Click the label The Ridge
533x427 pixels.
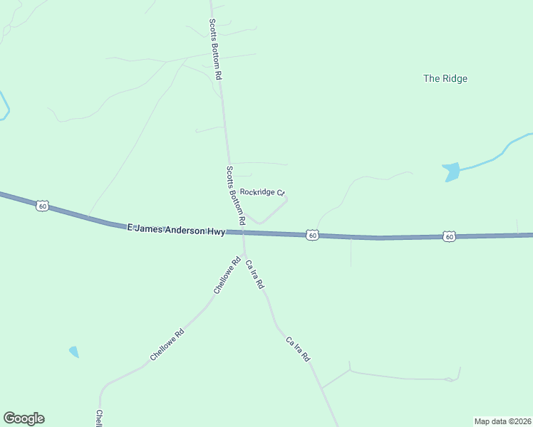tap(445, 79)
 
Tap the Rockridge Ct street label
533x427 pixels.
tap(262, 192)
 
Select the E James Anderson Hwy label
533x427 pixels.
tap(176, 229)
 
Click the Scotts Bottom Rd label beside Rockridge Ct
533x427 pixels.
tap(236, 196)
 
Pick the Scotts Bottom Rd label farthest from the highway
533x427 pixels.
tap(216, 48)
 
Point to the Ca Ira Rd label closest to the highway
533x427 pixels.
tap(255, 274)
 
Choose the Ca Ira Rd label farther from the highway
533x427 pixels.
tap(298, 349)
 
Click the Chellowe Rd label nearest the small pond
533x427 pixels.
tap(167, 344)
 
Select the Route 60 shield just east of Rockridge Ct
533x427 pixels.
tap(312, 234)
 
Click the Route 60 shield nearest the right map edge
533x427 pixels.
tap(448, 236)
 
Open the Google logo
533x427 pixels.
tap(24, 418)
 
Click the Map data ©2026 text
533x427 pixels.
tap(502, 421)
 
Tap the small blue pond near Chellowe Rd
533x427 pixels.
tap(73, 352)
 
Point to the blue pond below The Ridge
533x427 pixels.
tap(451, 172)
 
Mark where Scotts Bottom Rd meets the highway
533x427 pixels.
tap(243, 231)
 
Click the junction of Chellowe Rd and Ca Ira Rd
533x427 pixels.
tap(244, 254)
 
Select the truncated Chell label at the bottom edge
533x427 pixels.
tap(100, 418)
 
